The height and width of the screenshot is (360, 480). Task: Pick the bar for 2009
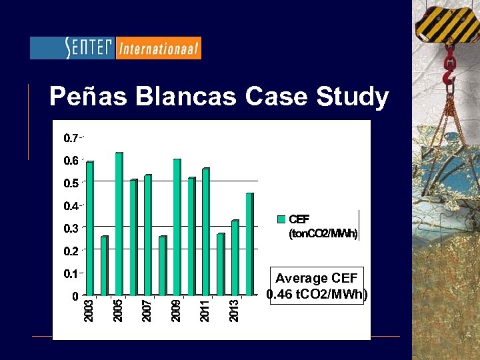pyautogui.click(x=177, y=227)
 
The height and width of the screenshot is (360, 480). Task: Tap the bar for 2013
pyautogui.click(x=235, y=257)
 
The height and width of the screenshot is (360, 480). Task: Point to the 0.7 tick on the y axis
pyautogui.click(x=70, y=139)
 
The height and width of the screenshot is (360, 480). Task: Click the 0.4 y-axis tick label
pyautogui.click(x=70, y=206)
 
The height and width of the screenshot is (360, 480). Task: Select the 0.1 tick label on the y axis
pyautogui.click(x=70, y=273)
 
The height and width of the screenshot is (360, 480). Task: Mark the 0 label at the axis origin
pyautogui.click(x=75, y=296)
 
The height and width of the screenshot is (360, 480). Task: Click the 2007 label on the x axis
pyautogui.click(x=148, y=311)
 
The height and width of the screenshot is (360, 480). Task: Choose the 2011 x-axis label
pyautogui.click(x=206, y=311)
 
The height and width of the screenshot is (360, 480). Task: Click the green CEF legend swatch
pyautogui.click(x=281, y=219)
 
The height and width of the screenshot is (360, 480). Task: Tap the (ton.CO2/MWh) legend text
pyautogui.click(x=323, y=234)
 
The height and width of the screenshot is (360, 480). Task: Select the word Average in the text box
pyautogui.click(x=301, y=279)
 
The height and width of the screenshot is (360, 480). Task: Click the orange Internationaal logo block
pyautogui.click(x=159, y=48)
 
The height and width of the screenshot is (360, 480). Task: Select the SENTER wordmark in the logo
pyautogui.click(x=90, y=48)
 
